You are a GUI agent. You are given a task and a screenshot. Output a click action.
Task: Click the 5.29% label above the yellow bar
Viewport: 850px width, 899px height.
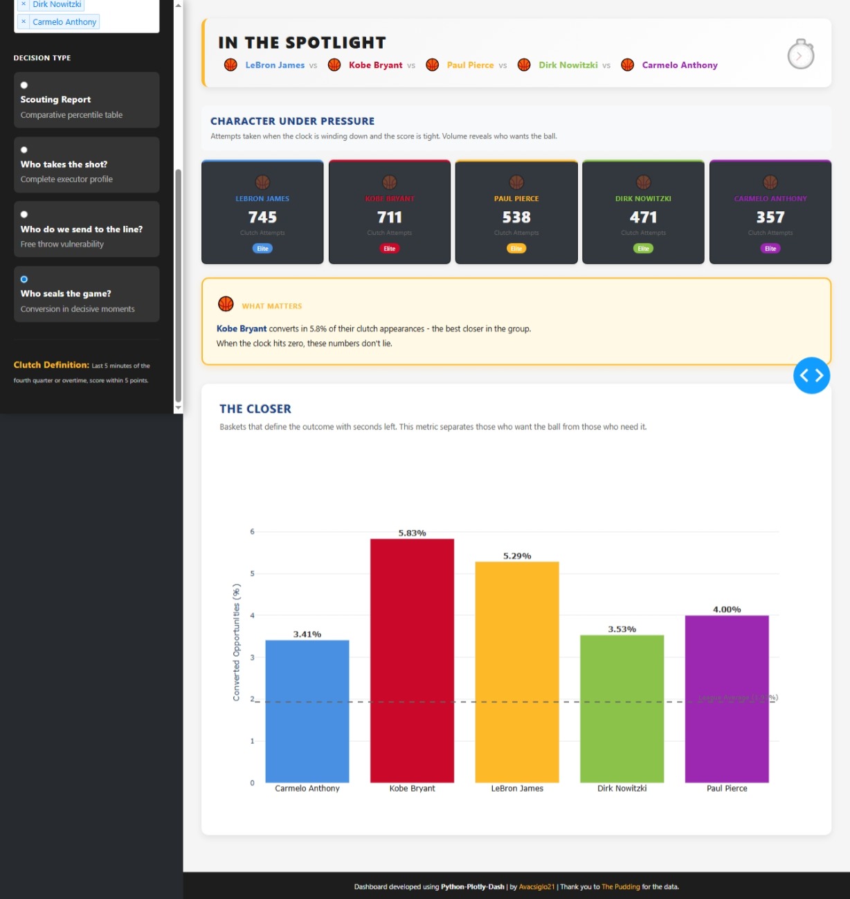point(517,556)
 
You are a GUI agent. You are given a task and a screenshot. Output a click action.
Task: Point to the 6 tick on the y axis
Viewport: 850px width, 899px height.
point(252,532)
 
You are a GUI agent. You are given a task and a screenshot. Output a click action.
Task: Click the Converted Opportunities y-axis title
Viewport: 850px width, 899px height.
point(237,642)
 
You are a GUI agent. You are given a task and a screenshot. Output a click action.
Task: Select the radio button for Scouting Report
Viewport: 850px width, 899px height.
point(24,85)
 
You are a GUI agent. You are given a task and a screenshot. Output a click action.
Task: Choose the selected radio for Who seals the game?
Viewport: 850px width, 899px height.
point(24,279)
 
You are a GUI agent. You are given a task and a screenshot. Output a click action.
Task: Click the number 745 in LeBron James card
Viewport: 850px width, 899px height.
point(262,217)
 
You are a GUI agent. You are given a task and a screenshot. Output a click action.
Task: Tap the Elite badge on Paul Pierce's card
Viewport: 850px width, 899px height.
point(516,249)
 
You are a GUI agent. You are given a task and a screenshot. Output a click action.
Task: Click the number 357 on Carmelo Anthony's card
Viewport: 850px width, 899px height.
point(770,217)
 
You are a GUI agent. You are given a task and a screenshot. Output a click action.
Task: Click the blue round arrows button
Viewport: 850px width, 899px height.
point(811,375)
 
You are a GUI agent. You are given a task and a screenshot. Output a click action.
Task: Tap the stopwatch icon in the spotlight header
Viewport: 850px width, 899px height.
point(800,55)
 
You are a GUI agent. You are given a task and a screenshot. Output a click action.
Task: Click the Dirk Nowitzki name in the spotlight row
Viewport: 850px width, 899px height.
point(568,65)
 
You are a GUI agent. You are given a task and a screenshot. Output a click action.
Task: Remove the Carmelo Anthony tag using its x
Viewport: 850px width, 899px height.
point(24,21)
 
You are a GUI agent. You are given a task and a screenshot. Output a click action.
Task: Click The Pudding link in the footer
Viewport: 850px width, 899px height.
point(620,887)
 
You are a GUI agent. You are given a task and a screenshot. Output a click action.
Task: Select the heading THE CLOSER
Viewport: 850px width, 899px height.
point(255,409)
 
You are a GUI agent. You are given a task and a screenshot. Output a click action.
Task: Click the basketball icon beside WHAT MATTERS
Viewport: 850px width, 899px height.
point(226,304)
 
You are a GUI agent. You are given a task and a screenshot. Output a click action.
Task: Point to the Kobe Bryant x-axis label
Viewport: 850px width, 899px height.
point(412,788)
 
